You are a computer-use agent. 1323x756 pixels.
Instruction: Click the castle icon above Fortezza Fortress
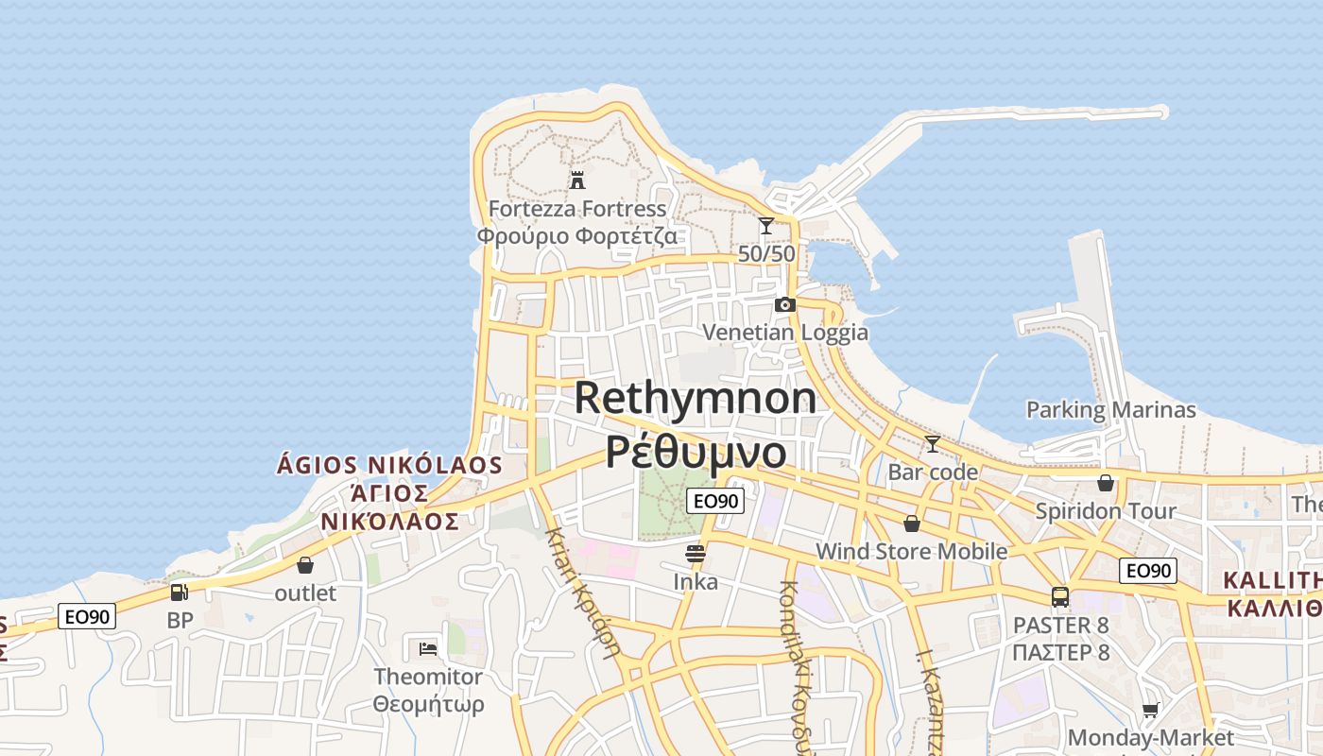click(x=577, y=180)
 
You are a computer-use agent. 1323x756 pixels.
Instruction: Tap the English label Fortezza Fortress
click(x=577, y=208)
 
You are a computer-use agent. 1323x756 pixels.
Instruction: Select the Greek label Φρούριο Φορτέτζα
click(x=577, y=235)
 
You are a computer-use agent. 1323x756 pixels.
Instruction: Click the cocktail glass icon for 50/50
click(x=766, y=226)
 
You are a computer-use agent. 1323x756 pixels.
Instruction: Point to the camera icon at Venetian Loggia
click(x=784, y=304)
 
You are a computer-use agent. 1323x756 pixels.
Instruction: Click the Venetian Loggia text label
click(x=784, y=332)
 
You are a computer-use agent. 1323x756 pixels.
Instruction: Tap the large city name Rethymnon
click(x=696, y=398)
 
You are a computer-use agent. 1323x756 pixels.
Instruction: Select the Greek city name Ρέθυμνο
click(x=696, y=452)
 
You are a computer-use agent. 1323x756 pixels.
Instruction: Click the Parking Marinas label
click(x=1110, y=409)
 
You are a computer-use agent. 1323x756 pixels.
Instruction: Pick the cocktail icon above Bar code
click(x=933, y=443)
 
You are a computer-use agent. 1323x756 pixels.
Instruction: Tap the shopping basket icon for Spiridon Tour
click(x=1106, y=483)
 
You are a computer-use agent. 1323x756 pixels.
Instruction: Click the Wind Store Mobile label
click(x=911, y=551)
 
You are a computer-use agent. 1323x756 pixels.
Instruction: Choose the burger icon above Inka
click(x=696, y=554)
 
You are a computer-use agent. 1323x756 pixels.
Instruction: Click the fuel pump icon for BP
click(x=179, y=593)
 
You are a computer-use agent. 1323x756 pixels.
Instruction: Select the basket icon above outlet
click(x=305, y=565)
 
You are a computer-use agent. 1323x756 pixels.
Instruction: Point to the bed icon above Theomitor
click(x=428, y=648)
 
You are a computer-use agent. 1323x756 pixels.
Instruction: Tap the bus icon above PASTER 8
click(x=1060, y=597)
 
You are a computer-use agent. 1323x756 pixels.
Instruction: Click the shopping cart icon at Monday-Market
click(x=1150, y=710)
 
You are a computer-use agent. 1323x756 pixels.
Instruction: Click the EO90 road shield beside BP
click(x=87, y=617)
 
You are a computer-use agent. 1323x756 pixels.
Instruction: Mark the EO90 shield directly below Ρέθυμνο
click(x=714, y=501)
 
